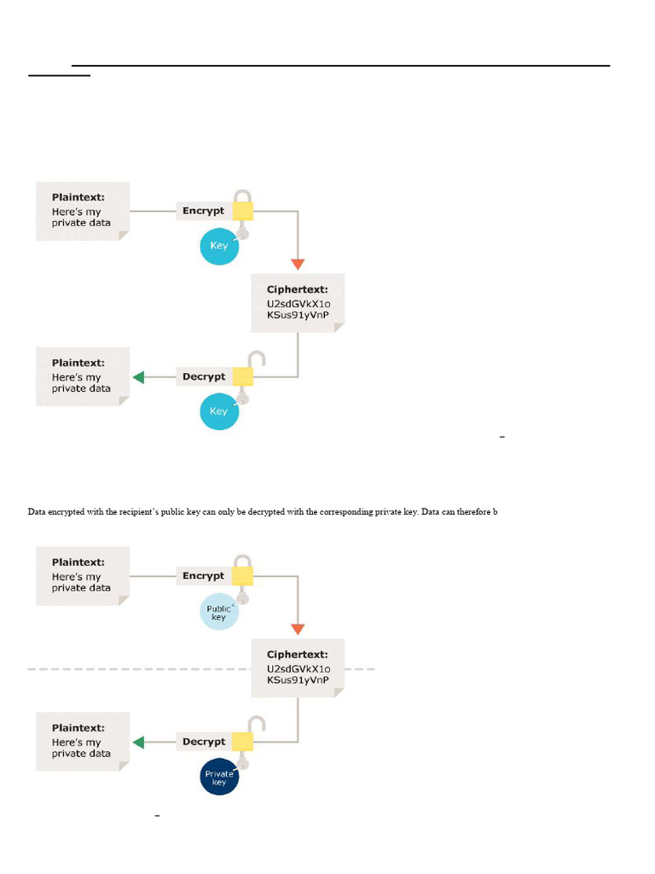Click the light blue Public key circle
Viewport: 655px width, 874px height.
[219, 612]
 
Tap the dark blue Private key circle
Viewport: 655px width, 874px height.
[219, 778]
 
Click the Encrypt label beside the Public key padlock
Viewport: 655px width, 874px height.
[203, 576]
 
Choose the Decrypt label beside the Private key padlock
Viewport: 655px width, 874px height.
[204, 742]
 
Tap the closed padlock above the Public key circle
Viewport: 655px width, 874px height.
[243, 572]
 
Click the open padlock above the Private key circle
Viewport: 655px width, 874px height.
[244, 734]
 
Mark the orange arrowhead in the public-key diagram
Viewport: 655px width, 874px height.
[298, 629]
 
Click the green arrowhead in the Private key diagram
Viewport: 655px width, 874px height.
[138, 743]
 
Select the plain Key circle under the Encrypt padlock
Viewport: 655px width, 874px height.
[219, 247]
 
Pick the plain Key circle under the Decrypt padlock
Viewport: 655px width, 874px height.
[219, 411]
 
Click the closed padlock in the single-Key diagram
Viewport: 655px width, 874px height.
[243, 206]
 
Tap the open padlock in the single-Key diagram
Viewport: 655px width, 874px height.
[244, 370]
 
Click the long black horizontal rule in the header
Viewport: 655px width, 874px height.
[341, 65]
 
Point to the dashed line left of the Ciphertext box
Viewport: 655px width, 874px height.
[136, 669]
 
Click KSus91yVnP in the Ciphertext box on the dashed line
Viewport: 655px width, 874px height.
[298, 680]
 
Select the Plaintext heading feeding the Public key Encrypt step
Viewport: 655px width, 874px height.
[78, 562]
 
